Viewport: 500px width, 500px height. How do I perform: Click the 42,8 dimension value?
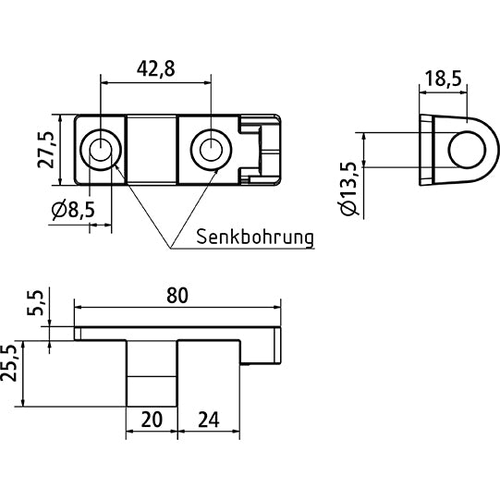coord(154,67)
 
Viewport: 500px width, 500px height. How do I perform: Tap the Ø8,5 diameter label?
coord(73,211)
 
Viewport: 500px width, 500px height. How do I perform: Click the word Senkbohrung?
coord(255,237)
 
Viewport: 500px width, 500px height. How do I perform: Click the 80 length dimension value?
coord(177,295)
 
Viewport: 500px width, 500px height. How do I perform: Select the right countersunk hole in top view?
coord(210,147)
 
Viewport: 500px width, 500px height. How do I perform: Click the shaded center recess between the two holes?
coord(152,147)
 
